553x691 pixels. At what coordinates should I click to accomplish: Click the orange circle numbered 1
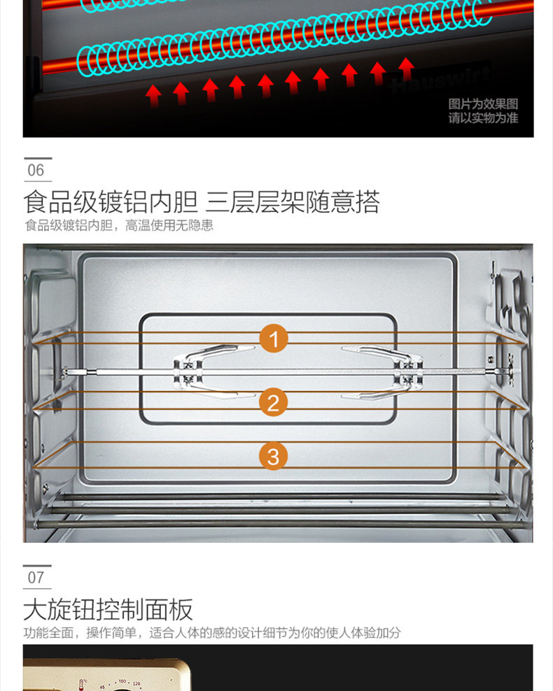coord(274,340)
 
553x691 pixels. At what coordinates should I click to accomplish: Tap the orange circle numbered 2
coord(274,402)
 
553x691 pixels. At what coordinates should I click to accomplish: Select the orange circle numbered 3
coord(274,457)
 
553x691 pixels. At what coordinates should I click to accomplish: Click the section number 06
coord(36,171)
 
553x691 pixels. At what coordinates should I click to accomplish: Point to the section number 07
coord(36,578)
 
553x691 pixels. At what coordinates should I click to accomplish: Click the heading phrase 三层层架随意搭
coord(293,202)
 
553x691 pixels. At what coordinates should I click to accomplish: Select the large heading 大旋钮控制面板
coord(108,610)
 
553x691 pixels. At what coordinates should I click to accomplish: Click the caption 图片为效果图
coord(483,104)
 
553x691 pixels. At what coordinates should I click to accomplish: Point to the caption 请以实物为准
coord(483,118)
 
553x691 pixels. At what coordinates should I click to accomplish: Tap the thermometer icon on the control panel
coord(83,683)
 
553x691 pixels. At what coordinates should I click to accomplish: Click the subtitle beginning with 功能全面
coord(211,633)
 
